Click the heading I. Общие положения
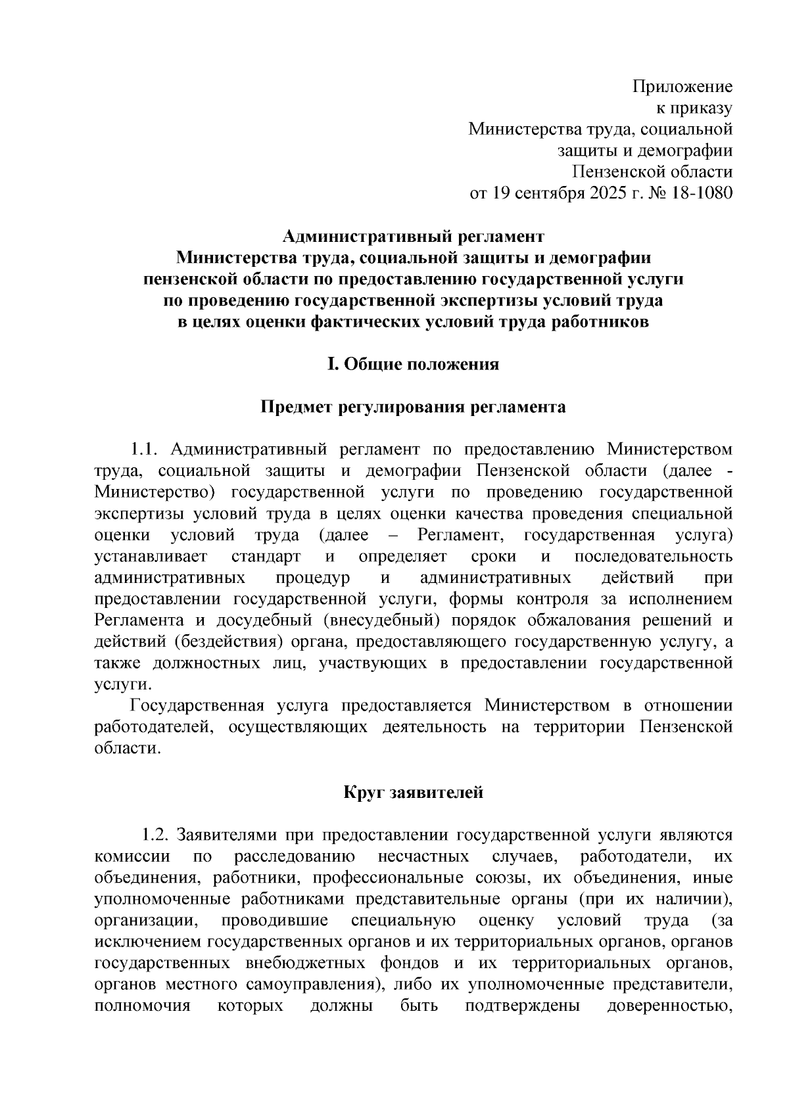414,364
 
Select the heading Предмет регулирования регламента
414,407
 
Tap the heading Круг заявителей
414,793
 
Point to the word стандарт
266,557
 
